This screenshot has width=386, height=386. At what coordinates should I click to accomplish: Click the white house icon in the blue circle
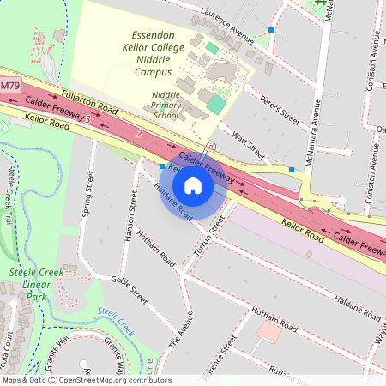(193, 184)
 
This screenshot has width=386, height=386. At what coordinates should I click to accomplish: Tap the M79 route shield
(9, 87)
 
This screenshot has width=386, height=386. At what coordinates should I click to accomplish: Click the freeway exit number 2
(139, 134)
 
